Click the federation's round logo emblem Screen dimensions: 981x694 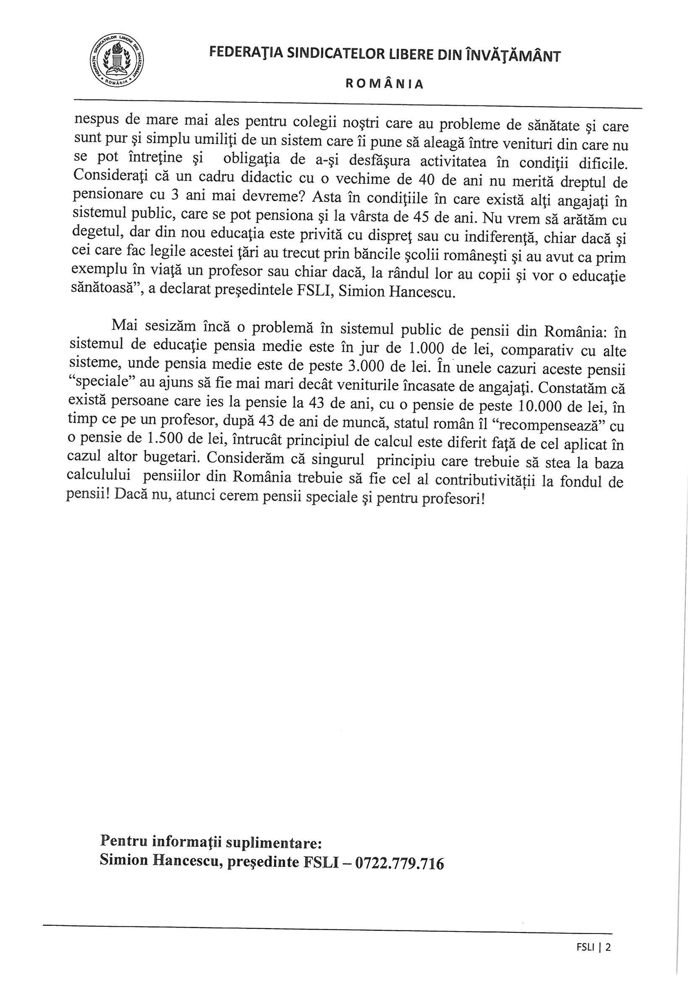pyautogui.click(x=117, y=62)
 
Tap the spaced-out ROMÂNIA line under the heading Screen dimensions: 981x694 pyautogui.click(x=385, y=84)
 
